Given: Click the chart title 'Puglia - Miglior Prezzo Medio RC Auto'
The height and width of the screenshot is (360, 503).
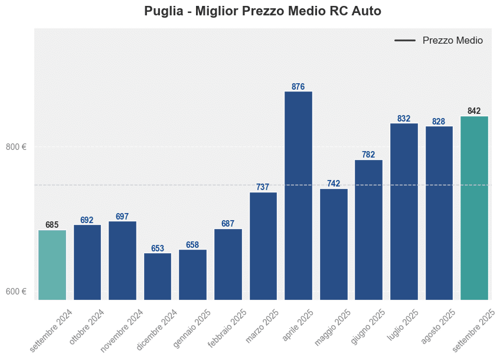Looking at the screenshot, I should coord(263,11).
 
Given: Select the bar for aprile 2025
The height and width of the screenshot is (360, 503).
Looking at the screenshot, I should coord(298,195).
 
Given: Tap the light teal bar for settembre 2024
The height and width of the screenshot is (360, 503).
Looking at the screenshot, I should coord(52,264).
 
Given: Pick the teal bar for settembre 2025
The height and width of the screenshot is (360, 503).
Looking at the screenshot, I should coord(474,208).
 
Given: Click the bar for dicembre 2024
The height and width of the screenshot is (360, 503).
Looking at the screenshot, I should coord(158,276).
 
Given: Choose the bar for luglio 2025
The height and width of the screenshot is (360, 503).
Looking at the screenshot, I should coord(404,211).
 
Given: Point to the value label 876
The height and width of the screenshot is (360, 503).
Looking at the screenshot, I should coord(298,87).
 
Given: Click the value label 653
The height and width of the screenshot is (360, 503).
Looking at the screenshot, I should coord(158,248).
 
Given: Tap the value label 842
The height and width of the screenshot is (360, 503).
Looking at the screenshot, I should coord(474,111).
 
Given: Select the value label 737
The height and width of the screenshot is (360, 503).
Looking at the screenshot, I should coord(263,187).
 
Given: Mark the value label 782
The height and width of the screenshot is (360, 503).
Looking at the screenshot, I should coord(368,155).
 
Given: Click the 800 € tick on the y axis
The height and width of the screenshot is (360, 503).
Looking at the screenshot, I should coord(17,147).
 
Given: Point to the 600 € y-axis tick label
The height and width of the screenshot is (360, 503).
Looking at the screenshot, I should coord(17,292).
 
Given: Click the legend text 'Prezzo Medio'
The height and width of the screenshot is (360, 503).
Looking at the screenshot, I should coord(452,41).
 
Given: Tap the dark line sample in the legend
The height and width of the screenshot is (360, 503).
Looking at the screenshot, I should coord(405,41).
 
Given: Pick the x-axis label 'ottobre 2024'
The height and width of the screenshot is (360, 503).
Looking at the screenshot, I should coord(87,328).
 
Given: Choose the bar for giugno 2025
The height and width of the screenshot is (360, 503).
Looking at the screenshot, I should coord(368,230).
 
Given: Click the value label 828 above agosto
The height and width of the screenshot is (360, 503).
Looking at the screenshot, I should coord(439,122).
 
